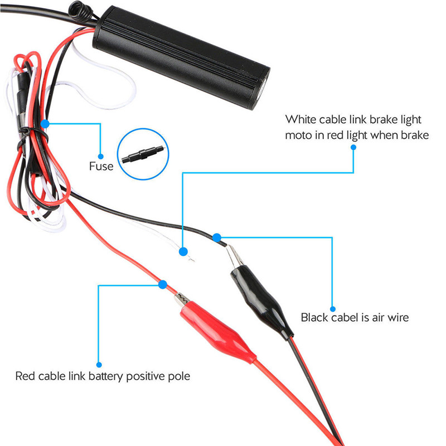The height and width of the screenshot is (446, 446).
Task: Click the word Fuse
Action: click(x=101, y=166)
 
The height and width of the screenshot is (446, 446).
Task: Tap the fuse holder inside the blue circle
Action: click(x=143, y=154)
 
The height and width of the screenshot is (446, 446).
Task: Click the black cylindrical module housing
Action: click(x=181, y=57)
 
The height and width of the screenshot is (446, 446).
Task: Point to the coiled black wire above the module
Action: click(x=81, y=12)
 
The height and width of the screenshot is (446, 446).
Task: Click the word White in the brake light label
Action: click(x=300, y=119)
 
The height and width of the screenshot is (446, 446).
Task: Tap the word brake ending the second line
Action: click(x=415, y=135)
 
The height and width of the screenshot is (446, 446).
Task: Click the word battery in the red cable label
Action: click(x=105, y=376)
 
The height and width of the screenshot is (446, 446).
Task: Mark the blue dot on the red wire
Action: click(x=163, y=284)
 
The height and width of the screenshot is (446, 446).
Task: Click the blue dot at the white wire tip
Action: click(x=183, y=251)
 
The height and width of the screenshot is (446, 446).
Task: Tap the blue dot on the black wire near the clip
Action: click(x=217, y=237)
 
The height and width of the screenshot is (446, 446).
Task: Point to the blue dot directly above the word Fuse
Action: click(x=100, y=157)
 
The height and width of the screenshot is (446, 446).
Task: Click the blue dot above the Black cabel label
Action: click(x=332, y=309)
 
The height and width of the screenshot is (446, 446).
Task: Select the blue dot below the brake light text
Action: click(x=353, y=147)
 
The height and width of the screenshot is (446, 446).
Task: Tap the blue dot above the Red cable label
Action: click(x=99, y=365)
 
